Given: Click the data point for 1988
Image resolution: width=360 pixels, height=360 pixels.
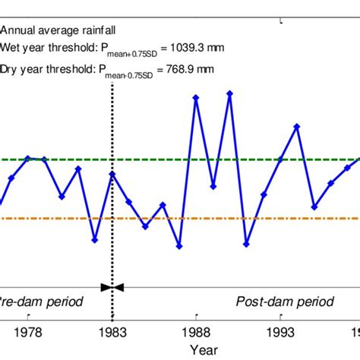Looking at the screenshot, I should tap(196, 96).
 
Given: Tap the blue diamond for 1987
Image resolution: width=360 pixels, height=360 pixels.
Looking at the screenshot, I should tap(179, 246).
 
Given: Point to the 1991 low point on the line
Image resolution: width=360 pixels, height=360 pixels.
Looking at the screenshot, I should tap(246, 245).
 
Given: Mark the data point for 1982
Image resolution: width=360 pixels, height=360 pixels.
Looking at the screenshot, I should tap(95, 240).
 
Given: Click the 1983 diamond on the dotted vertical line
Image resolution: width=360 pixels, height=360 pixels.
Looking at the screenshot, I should tap(112, 174).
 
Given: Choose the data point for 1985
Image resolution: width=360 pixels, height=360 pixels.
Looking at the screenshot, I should tap(146, 226).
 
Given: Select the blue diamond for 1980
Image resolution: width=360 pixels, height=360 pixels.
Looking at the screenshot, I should tap(62, 196).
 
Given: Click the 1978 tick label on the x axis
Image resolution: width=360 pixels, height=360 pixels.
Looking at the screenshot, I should tap(28, 332).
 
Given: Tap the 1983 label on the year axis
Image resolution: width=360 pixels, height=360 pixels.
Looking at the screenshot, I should tap(112, 332).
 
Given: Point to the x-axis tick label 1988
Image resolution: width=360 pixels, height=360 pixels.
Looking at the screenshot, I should tap(197, 332).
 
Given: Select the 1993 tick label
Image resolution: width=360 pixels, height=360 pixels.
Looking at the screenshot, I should tap(281, 332).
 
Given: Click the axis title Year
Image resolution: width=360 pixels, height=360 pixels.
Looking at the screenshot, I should tap(203, 349).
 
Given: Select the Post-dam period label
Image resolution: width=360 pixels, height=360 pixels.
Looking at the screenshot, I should tap(284, 302).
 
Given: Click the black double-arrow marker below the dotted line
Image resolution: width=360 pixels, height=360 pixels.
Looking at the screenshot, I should tap(112, 286).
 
